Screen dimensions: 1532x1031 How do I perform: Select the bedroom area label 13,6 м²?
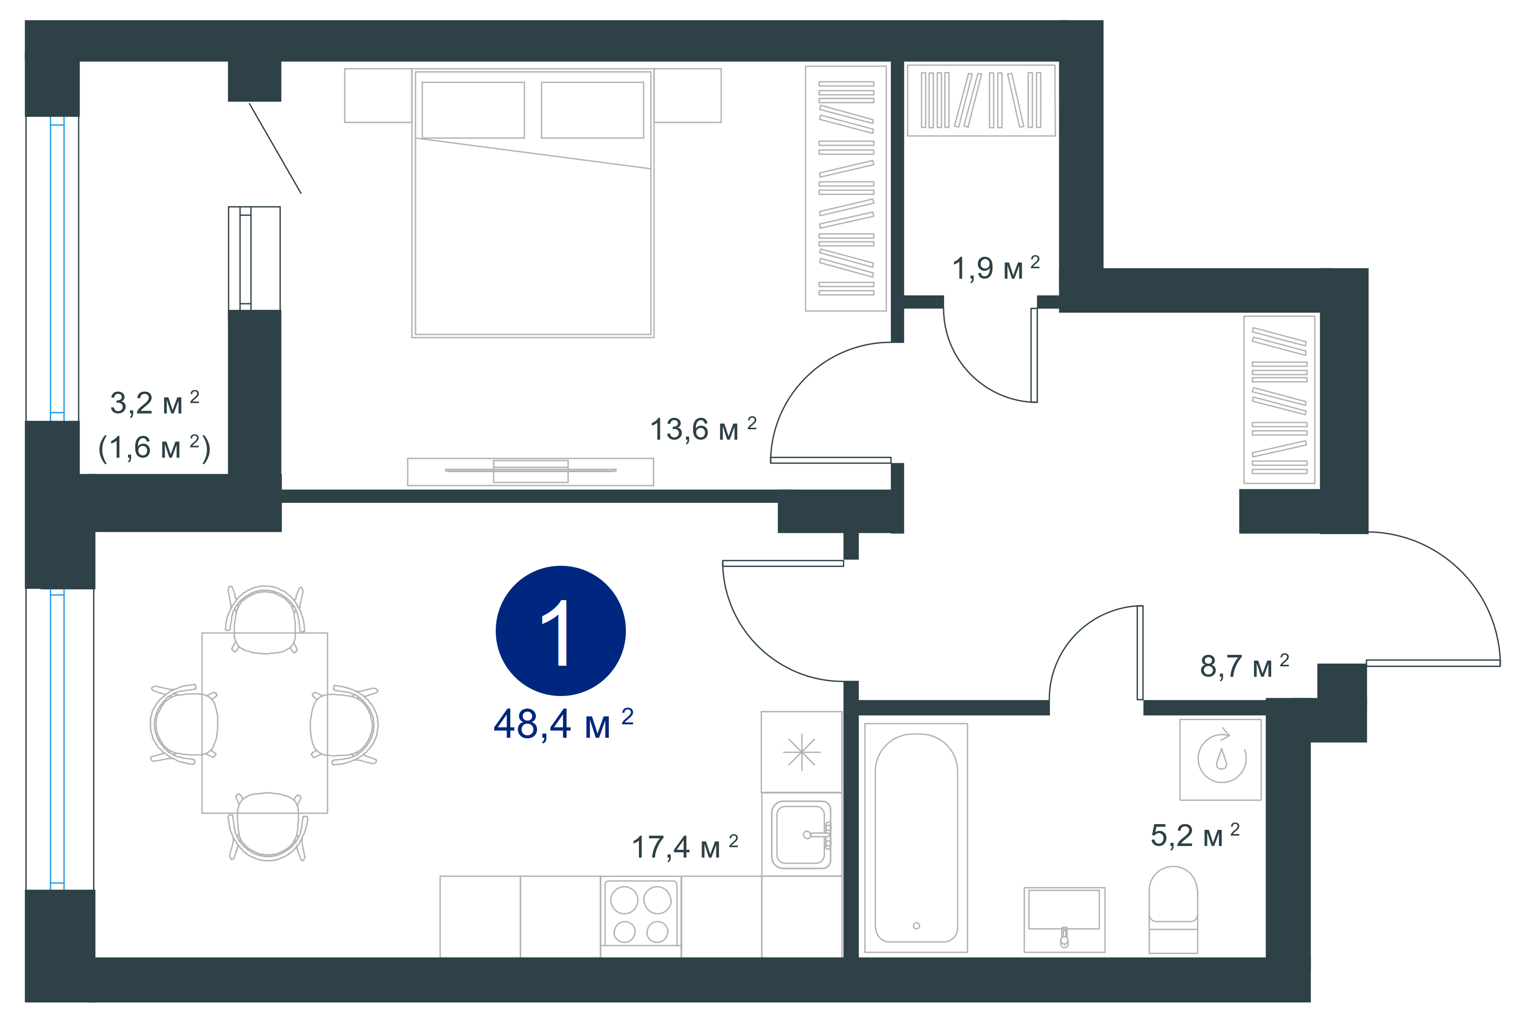[702, 429]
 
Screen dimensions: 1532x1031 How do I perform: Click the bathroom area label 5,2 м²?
[1195, 835]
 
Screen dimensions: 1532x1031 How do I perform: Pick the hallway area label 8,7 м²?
[1244, 665]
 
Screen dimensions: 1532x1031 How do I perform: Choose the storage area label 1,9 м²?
[996, 268]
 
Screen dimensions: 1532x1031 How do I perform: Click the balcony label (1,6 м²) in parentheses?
[155, 448]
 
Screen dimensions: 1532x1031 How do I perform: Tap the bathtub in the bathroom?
[915, 838]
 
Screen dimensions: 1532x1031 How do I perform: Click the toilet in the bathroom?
[1173, 910]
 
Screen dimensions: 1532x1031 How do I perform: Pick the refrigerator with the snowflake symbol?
[801, 752]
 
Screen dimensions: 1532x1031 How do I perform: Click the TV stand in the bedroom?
[531, 471]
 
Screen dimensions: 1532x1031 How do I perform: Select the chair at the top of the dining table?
[265, 620]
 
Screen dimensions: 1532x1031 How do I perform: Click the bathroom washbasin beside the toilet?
[1064, 919]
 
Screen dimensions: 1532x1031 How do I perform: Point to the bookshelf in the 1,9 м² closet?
[981, 100]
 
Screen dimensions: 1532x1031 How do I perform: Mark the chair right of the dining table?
[344, 725]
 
